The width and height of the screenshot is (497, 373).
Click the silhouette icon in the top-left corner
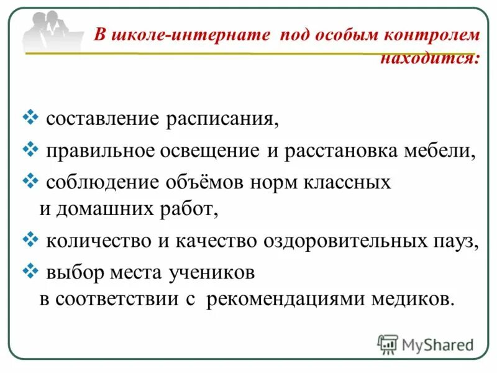point(52,31)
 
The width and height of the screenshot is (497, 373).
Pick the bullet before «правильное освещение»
point(31,150)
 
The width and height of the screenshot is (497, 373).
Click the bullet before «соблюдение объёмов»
point(31,181)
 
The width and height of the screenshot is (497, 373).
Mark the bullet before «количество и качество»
point(31,238)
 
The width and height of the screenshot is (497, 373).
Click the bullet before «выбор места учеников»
point(31,270)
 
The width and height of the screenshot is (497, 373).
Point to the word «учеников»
point(209,272)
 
